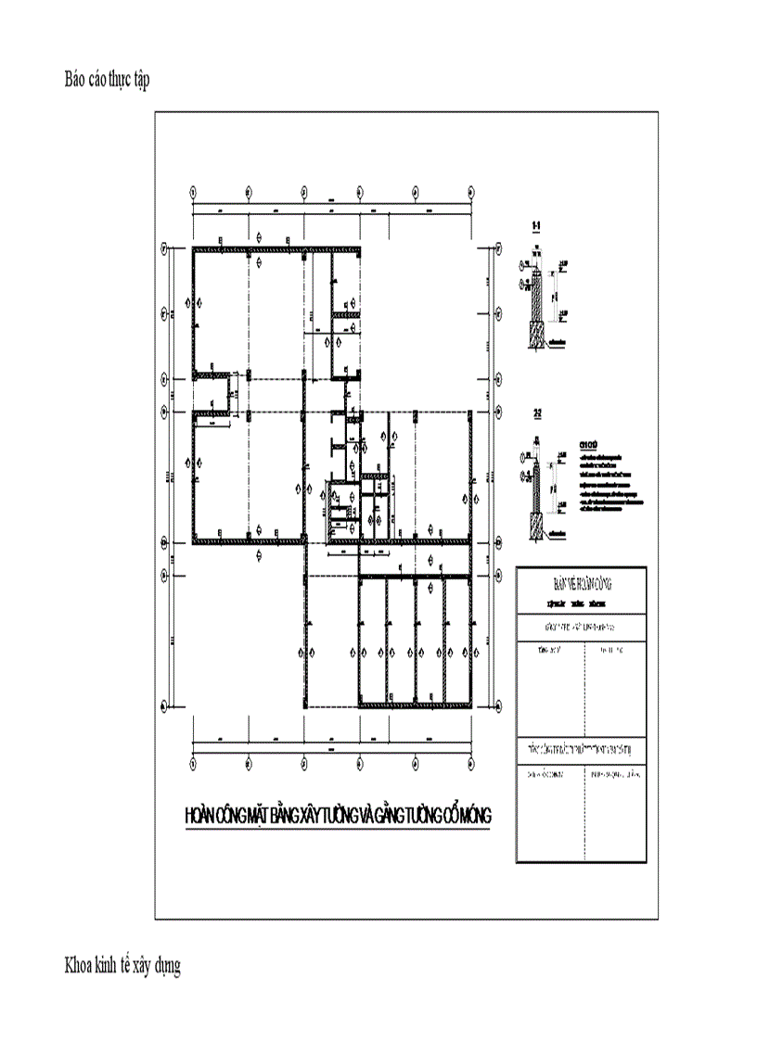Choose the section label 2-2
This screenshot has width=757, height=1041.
pos(536,413)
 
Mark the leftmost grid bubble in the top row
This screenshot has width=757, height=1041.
pos(192,192)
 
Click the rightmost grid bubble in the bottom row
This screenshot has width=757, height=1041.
pos(474,763)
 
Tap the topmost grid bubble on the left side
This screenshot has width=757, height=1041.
pos(164,248)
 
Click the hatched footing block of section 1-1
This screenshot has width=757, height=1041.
pos(535,335)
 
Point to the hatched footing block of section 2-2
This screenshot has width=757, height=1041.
pos(535,527)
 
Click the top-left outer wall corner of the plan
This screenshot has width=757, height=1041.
pos(194,249)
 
